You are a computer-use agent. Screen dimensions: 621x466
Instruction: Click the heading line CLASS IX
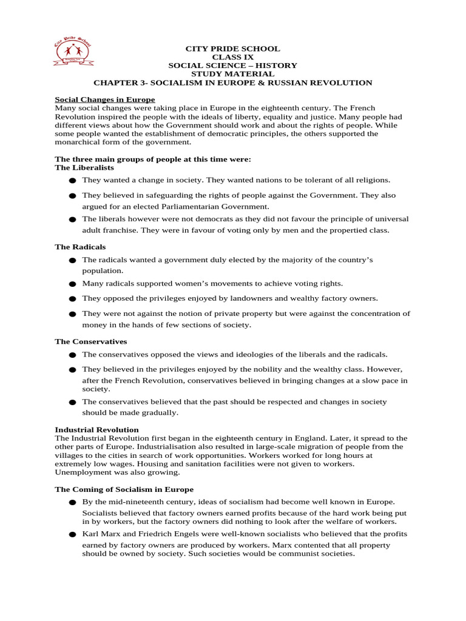(232, 57)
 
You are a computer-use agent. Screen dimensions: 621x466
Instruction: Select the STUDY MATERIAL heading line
(232, 74)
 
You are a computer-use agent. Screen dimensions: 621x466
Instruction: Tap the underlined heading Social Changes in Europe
(105, 99)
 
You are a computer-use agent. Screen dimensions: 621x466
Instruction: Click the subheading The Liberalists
(80, 167)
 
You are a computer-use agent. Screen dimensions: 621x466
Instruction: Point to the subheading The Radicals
(80, 247)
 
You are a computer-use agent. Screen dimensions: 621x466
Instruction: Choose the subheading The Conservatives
(91, 341)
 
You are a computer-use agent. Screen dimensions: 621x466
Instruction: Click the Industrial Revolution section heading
(96, 429)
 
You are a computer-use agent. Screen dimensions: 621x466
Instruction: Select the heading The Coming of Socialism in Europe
(124, 489)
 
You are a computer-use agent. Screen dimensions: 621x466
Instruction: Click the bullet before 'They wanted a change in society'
(72, 181)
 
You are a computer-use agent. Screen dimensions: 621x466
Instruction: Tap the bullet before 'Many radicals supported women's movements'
(72, 284)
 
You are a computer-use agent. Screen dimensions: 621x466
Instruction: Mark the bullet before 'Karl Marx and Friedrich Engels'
(72, 535)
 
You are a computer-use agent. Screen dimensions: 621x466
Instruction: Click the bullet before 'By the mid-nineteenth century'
(72, 503)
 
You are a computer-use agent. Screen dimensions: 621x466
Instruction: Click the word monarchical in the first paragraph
(79, 142)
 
